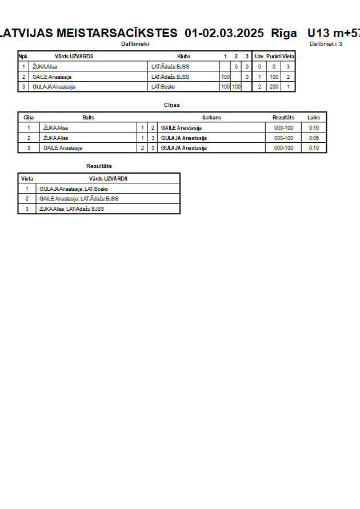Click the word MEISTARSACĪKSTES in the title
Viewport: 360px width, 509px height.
(x=117, y=33)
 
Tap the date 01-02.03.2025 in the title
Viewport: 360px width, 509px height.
(x=225, y=33)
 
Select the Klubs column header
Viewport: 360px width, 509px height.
(x=183, y=57)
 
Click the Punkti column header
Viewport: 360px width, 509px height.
(x=274, y=57)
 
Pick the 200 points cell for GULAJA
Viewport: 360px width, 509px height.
(x=274, y=87)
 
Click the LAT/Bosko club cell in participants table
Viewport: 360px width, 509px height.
(x=163, y=87)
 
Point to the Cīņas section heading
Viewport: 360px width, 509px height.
(x=172, y=105)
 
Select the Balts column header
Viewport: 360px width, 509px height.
(x=89, y=117)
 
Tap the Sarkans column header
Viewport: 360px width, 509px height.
(x=211, y=117)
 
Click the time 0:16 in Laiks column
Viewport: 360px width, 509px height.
(x=314, y=128)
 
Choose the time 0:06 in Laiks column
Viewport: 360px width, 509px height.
(x=314, y=138)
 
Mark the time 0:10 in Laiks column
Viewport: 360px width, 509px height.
(x=314, y=148)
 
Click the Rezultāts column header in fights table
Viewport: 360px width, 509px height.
(x=283, y=117)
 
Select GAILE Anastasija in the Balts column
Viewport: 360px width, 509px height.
(x=63, y=148)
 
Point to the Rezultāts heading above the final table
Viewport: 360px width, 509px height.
(x=99, y=166)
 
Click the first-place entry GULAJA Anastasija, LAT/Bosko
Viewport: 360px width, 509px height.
(x=74, y=189)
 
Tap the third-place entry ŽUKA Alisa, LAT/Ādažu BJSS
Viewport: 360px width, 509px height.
(x=71, y=209)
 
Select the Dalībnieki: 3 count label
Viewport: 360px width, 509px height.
(x=326, y=44)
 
